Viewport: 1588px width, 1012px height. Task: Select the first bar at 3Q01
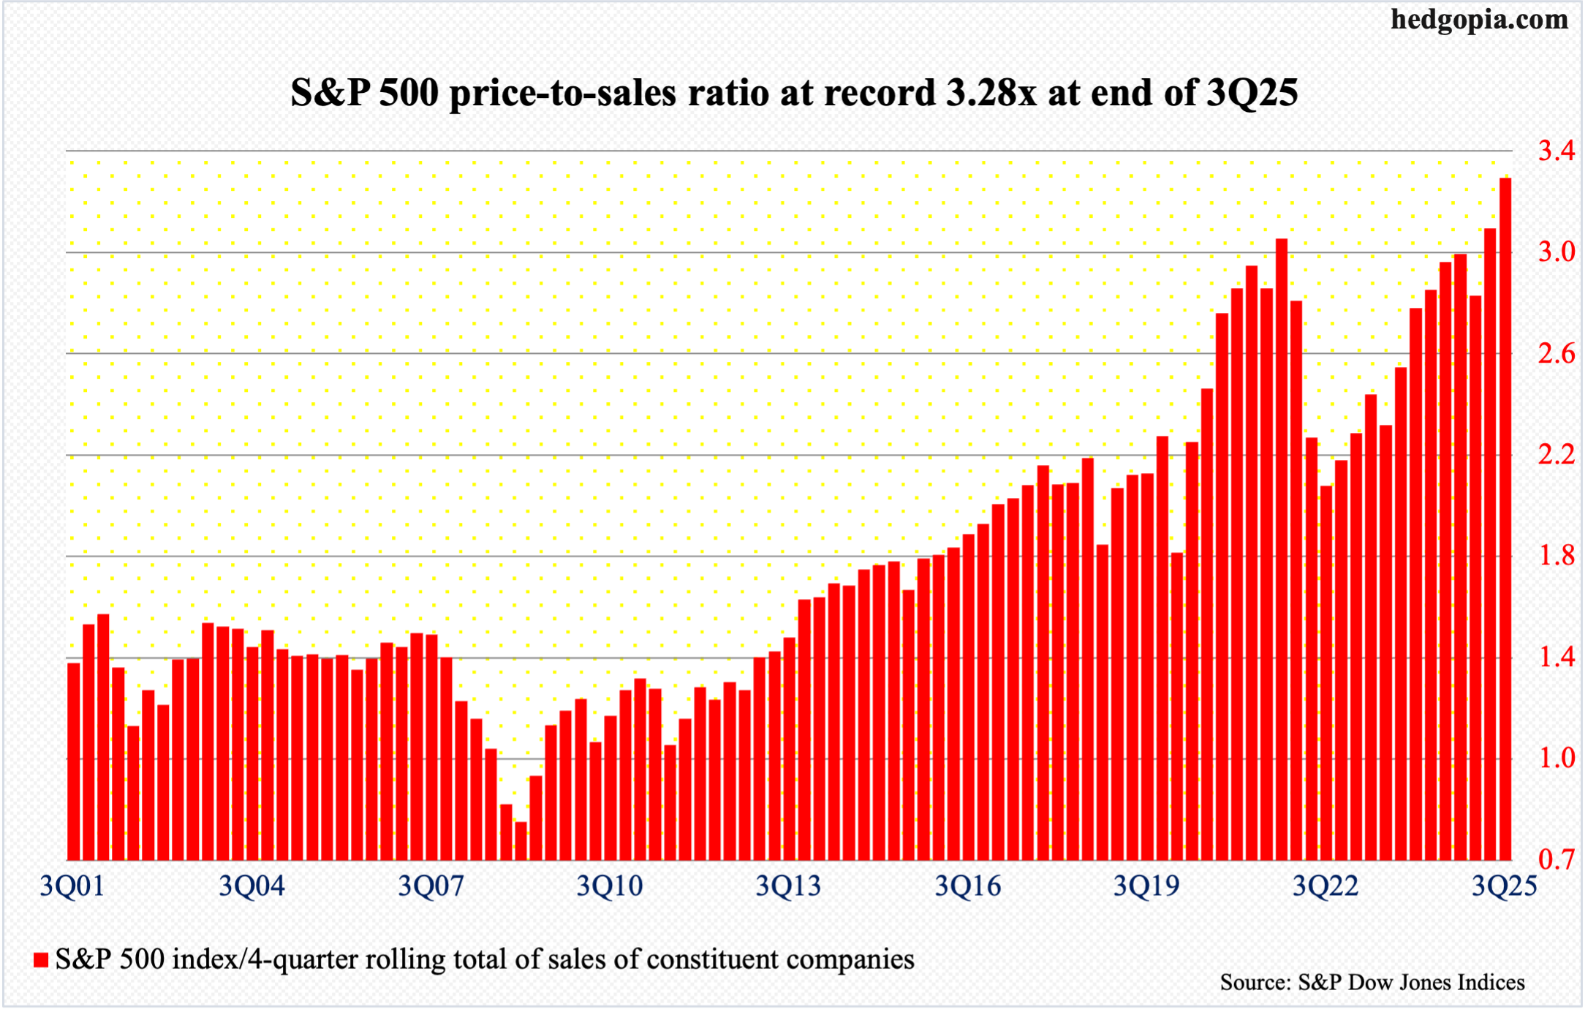click(74, 760)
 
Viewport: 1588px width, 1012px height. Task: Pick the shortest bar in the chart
click(521, 841)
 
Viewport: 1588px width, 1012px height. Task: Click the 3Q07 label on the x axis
click(431, 886)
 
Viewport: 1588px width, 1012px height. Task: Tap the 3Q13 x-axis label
click(788, 886)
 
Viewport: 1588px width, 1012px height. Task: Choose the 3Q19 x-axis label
click(1146, 886)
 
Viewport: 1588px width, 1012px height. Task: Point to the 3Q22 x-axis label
click(1326, 886)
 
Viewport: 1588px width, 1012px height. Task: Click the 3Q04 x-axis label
click(252, 886)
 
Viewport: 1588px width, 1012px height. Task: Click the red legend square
click(41, 960)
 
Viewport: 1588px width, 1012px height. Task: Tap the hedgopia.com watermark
click(1479, 20)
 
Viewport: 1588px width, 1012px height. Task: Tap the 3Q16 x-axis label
click(967, 886)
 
